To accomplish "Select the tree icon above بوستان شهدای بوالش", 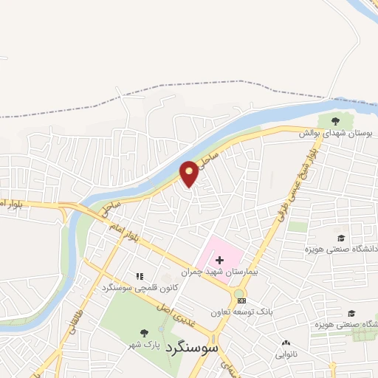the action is pos(336,120).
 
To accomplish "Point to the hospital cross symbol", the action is pos(219,260).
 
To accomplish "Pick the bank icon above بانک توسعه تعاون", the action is pos(241,300).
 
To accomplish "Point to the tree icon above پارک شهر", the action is pos(143,333).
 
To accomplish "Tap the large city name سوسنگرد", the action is pos(191,346).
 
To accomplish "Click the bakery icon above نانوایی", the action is pos(286,343).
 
